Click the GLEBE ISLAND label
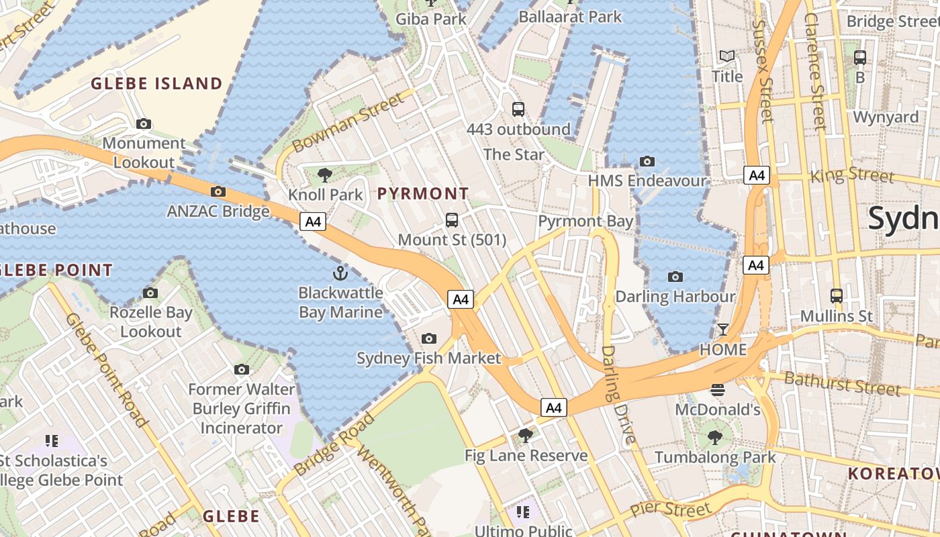(x=156, y=84)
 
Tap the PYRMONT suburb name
(x=423, y=194)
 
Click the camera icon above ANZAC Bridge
(x=218, y=191)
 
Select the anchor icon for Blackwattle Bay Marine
(x=340, y=273)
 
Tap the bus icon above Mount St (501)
(x=452, y=219)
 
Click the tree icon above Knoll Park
(x=325, y=175)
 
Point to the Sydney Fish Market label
(x=428, y=358)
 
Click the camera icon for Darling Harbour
(x=675, y=277)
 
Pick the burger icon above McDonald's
(x=718, y=389)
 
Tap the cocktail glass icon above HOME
(x=722, y=329)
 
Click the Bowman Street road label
(x=349, y=122)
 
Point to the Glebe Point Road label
(x=107, y=369)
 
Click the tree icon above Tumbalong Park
(x=715, y=438)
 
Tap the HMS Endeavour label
(x=647, y=181)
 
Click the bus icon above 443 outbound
(x=518, y=109)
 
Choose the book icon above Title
(x=727, y=56)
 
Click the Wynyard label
(x=886, y=117)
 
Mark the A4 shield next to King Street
(x=757, y=176)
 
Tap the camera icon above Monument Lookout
(x=144, y=124)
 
